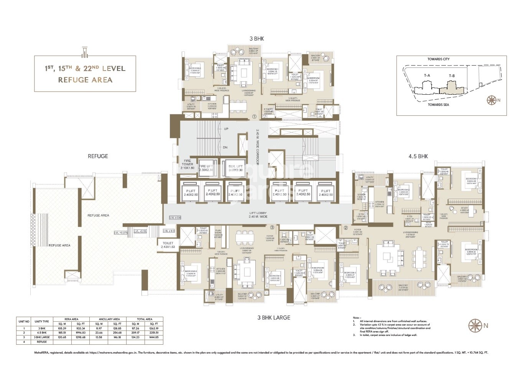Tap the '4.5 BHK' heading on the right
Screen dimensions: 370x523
pyautogui.click(x=418, y=156)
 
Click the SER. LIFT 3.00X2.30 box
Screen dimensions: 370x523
pyautogui.click(x=235, y=168)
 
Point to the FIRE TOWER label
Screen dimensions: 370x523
pyautogui.click(x=187, y=164)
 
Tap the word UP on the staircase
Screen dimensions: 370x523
pyautogui.click(x=226, y=129)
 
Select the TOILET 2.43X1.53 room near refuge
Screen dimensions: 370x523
pyautogui.click(x=168, y=245)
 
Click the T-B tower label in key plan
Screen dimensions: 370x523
pyautogui.click(x=452, y=76)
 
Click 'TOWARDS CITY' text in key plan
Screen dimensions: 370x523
pyautogui.click(x=438, y=59)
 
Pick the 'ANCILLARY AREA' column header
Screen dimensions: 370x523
pyautogui.click(x=109, y=319)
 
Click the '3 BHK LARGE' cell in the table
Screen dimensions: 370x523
pyautogui.click(x=41, y=337)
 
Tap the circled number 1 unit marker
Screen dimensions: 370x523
pyautogui.click(x=254, y=116)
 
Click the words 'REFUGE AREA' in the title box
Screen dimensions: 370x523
pyautogui.click(x=85, y=80)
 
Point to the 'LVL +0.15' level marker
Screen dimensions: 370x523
pyautogui.click(x=140, y=231)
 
